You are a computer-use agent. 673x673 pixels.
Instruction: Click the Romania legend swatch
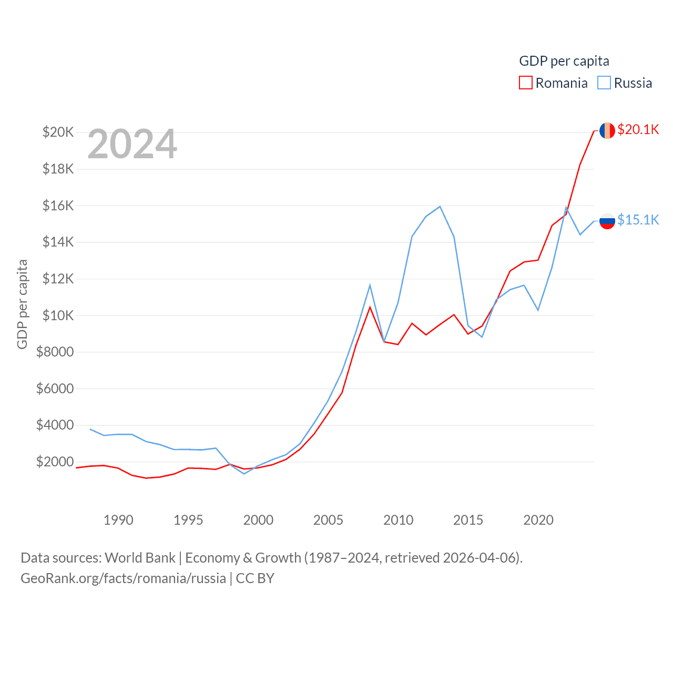tap(526, 83)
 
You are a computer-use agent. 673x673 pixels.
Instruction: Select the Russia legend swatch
tap(604, 83)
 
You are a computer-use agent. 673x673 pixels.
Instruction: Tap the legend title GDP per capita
tap(564, 61)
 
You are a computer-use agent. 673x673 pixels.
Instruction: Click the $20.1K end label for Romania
tap(638, 129)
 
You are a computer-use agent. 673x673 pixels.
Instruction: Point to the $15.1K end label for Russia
tap(638, 220)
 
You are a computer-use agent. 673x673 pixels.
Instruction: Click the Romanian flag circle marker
tap(607, 130)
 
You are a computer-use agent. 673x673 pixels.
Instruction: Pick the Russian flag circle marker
tap(607, 221)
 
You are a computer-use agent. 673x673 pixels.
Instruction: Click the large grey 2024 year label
tap(132, 144)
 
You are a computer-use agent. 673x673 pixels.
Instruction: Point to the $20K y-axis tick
tap(58, 132)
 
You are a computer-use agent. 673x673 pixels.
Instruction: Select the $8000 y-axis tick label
tap(55, 352)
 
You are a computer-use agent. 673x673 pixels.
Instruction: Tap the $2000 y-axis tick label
tap(55, 462)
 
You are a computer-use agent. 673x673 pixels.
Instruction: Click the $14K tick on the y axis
tap(58, 242)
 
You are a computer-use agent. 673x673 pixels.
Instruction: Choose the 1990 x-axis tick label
tap(118, 520)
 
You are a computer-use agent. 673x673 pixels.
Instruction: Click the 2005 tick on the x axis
tap(328, 520)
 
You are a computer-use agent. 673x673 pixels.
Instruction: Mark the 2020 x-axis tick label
tap(538, 520)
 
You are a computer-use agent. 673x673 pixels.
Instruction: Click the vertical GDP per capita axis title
tap(22, 304)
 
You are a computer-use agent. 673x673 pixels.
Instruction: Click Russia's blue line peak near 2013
tap(440, 206)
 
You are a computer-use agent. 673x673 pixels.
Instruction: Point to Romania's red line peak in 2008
tap(370, 307)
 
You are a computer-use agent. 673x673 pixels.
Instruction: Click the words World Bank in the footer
tap(140, 557)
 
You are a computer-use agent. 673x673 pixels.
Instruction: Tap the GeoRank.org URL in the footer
tap(123, 578)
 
